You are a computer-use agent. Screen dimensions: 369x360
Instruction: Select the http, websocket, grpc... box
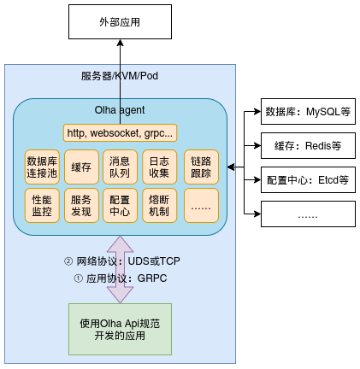tap(120, 132)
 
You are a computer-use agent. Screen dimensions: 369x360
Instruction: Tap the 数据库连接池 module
tap(42, 167)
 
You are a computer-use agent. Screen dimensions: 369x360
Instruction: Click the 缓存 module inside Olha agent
tap(81, 167)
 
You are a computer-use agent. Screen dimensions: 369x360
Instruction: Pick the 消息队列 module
tap(120, 167)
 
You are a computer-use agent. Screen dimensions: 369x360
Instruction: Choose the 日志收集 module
tap(159, 167)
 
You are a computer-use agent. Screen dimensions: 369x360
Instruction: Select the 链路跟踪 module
tap(201, 167)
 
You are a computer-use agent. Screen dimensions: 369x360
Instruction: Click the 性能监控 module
tap(42, 205)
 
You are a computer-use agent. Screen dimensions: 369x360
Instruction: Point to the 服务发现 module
tap(81, 205)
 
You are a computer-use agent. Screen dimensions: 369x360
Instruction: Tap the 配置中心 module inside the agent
tap(120, 205)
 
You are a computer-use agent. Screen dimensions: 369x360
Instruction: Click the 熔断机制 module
tap(159, 205)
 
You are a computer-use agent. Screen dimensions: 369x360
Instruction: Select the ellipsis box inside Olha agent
tap(201, 205)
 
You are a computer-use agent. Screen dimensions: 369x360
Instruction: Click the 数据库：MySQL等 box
tap(307, 111)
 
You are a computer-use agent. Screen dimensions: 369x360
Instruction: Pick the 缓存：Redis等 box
tap(307, 146)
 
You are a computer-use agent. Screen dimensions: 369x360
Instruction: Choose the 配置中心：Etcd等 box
tap(307, 180)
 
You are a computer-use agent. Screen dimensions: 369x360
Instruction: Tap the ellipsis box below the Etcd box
tap(307, 215)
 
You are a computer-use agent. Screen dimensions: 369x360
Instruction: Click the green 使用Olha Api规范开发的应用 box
tap(120, 329)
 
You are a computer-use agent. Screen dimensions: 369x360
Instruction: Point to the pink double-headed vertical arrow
tap(120, 270)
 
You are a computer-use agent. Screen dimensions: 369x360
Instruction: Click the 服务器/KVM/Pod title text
tap(120, 76)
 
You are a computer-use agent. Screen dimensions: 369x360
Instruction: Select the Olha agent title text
tap(120, 110)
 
